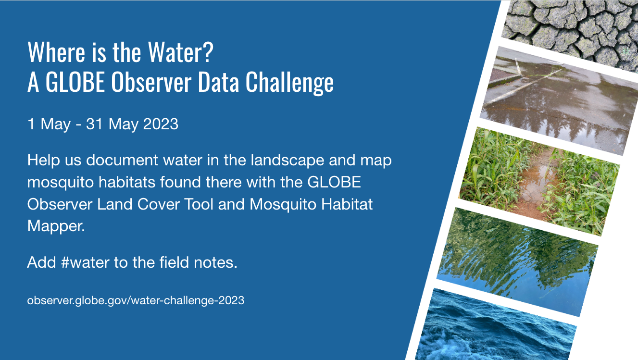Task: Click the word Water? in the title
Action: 181,52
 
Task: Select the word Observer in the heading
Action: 151,82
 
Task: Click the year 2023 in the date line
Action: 161,124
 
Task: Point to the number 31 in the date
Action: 94,124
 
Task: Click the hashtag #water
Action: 85,262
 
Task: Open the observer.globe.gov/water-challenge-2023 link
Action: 136,300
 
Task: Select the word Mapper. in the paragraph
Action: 56,227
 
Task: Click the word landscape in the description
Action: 288,161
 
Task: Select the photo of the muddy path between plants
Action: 539,181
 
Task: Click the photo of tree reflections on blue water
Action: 517,262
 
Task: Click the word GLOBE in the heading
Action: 75,82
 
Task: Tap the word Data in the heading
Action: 218,82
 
